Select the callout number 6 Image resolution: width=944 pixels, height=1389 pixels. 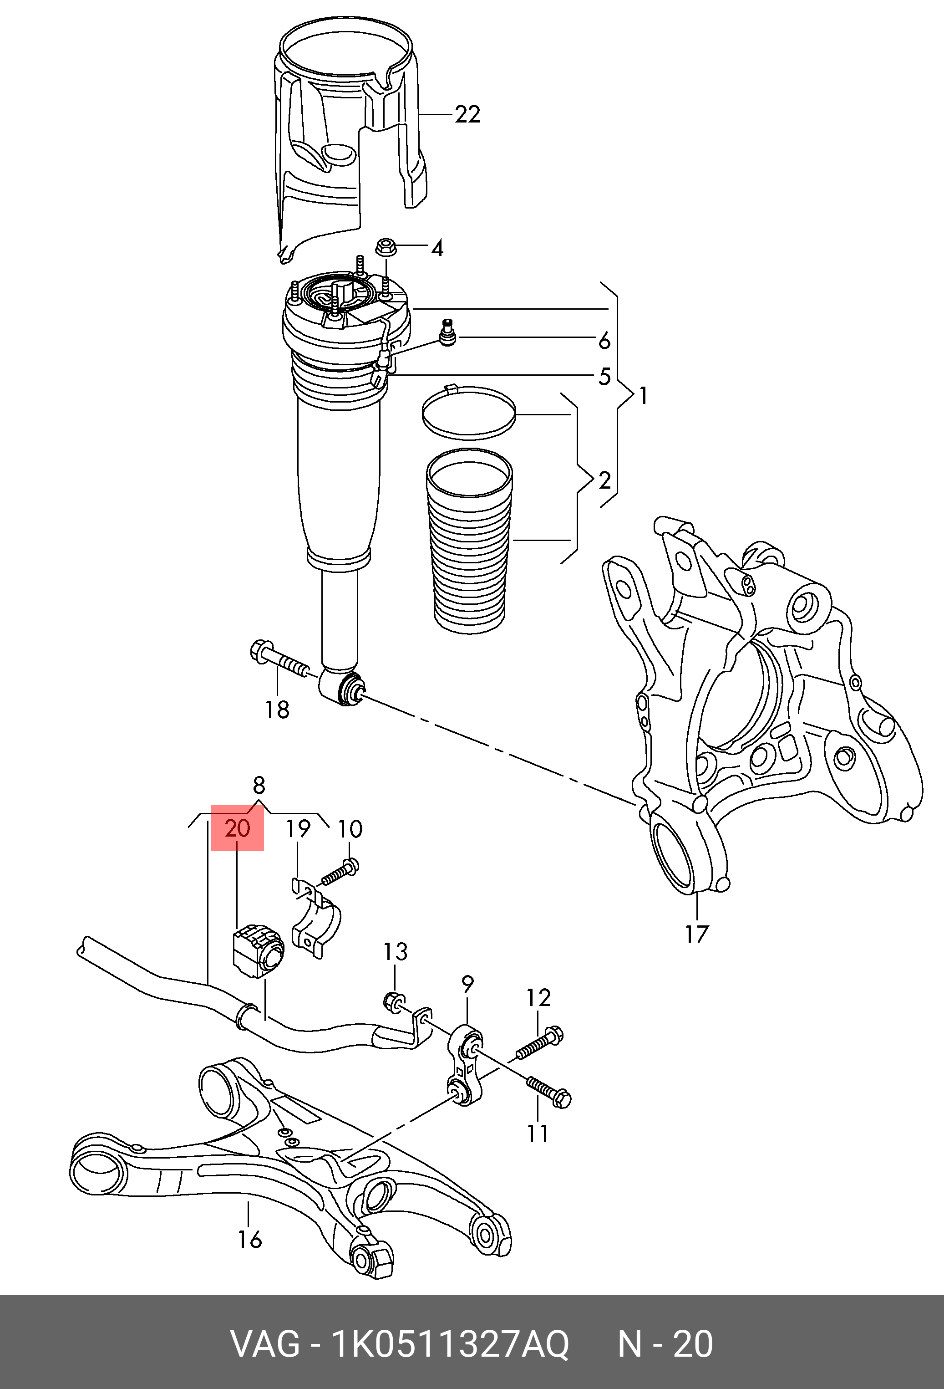tap(604, 341)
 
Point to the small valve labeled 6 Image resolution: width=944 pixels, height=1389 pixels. tap(447, 332)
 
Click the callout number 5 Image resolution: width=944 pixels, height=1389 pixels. tap(604, 377)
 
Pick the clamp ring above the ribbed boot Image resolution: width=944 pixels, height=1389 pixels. tap(468, 413)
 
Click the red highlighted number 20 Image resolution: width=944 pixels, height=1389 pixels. tap(237, 828)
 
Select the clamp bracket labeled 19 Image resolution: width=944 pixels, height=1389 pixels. tap(315, 922)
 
